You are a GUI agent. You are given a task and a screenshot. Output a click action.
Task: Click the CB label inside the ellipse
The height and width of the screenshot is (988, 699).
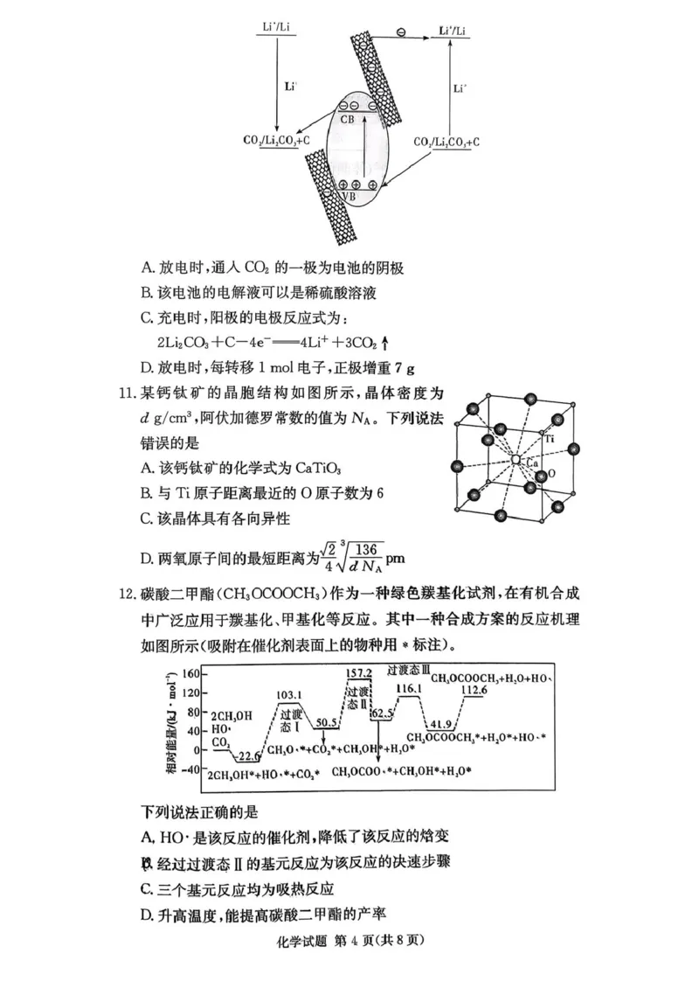coord(347,119)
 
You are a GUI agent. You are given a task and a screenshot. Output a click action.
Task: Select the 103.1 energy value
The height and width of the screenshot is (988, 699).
coord(288,696)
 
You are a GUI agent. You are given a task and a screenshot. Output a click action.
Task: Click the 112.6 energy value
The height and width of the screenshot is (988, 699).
coord(473,691)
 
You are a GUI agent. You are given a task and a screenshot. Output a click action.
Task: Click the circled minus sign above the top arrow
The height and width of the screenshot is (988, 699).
coord(400,32)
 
